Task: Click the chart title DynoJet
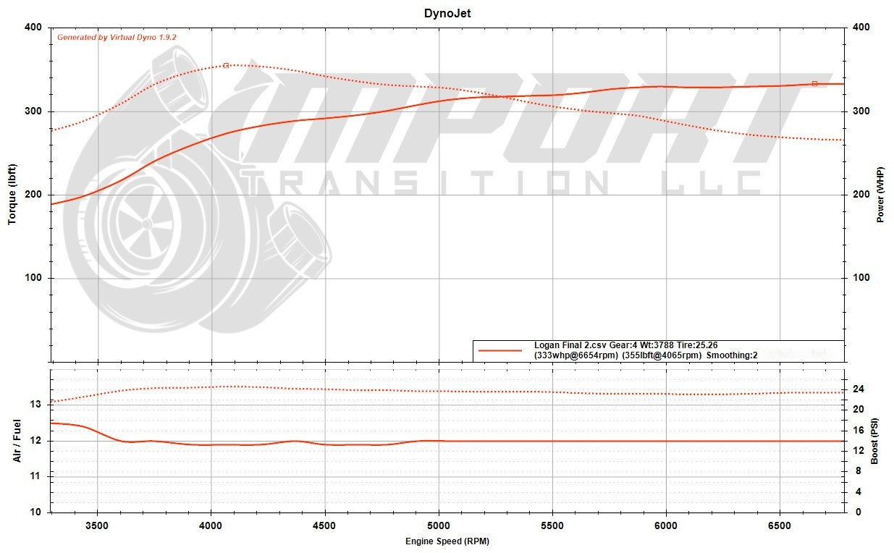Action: tap(447, 13)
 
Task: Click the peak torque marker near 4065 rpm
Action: tap(226, 65)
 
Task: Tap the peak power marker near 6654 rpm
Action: tap(814, 84)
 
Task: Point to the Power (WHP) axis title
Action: tap(881, 194)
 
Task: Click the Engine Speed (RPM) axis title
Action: tap(447, 541)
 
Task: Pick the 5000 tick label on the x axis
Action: tap(438, 525)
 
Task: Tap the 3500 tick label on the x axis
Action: tap(97, 525)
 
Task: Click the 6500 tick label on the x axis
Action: tap(779, 525)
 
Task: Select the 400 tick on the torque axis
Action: tap(33, 28)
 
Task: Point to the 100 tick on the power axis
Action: tap(860, 278)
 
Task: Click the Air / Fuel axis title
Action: tap(17, 441)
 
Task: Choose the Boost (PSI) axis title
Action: tap(875, 441)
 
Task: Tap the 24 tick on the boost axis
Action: tap(858, 389)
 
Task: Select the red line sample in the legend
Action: tap(500, 350)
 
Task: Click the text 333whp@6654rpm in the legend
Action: tap(575, 355)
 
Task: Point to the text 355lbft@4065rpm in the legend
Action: tap(662, 355)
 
